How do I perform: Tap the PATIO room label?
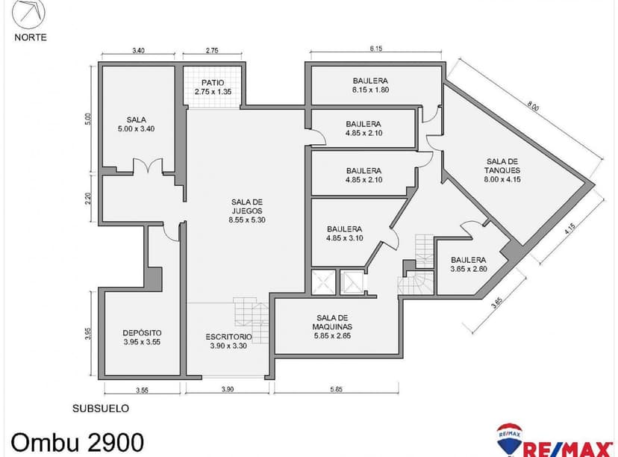tap(213, 87)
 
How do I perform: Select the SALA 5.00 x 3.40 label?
tap(136, 124)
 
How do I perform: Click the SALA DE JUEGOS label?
tap(247, 211)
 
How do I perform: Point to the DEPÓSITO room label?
tap(142, 338)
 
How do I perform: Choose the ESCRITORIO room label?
tap(229, 341)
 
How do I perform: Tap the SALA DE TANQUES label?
tap(502, 170)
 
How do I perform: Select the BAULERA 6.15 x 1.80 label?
tap(371, 85)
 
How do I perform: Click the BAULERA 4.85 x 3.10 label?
tap(344, 234)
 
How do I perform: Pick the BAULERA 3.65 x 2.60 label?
tap(468, 264)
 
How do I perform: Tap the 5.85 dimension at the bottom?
tap(336, 389)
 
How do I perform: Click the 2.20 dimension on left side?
tap(87, 199)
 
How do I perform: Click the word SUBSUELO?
tap(101, 408)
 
